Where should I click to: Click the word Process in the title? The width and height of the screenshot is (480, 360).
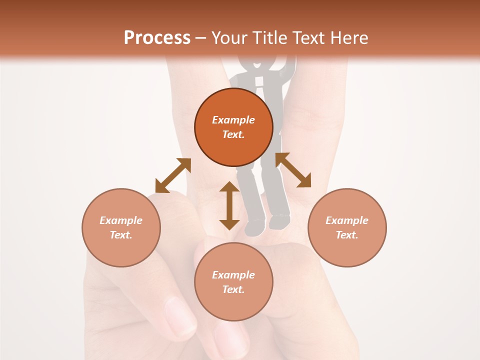click(x=157, y=38)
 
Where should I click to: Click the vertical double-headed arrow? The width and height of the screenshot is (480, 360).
click(x=229, y=205)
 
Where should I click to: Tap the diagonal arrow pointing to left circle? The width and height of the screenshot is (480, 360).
click(x=173, y=175)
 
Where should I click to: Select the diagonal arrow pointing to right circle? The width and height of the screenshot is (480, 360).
click(x=293, y=170)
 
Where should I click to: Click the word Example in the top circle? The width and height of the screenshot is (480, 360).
click(x=233, y=120)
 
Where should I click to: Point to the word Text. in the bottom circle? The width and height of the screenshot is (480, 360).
click(x=233, y=289)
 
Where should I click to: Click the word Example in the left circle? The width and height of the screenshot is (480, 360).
click(x=121, y=220)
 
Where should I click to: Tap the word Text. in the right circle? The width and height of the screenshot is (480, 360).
click(x=347, y=235)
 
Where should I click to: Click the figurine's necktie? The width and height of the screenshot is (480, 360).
click(x=260, y=85)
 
